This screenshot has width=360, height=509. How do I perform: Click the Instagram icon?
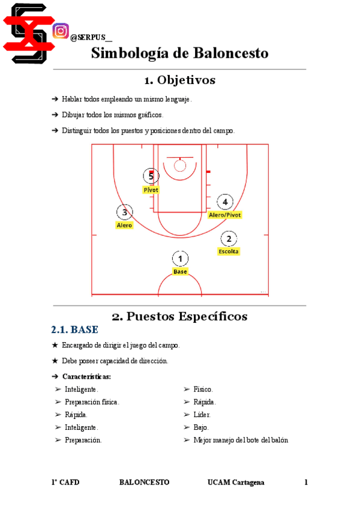pos(61,31)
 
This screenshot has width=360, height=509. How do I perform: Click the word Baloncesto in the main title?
pos(230,53)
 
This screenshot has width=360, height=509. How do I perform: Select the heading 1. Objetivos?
pos(179,80)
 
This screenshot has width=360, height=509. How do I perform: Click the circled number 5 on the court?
pos(151,176)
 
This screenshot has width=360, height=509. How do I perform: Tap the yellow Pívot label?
pos(151,190)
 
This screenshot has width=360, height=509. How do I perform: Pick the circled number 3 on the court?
pos(124,212)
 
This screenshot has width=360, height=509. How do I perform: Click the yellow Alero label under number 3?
pos(124,225)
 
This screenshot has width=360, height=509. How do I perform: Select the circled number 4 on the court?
pos(225,202)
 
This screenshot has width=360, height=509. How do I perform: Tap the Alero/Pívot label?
pos(225,215)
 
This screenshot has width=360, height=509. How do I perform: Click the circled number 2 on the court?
pos(229,238)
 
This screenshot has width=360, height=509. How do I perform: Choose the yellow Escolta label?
pos(229,251)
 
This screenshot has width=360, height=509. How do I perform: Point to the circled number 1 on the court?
pos(180,259)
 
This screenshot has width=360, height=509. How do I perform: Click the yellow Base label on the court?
pos(180,272)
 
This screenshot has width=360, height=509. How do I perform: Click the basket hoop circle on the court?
pos(180,165)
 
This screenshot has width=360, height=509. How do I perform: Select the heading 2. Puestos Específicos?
pos(179,316)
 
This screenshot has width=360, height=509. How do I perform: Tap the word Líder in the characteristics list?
pos(202,415)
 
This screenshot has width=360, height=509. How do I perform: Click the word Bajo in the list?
pos(201,427)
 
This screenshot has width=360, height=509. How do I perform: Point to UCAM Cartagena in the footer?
pos(236,483)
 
